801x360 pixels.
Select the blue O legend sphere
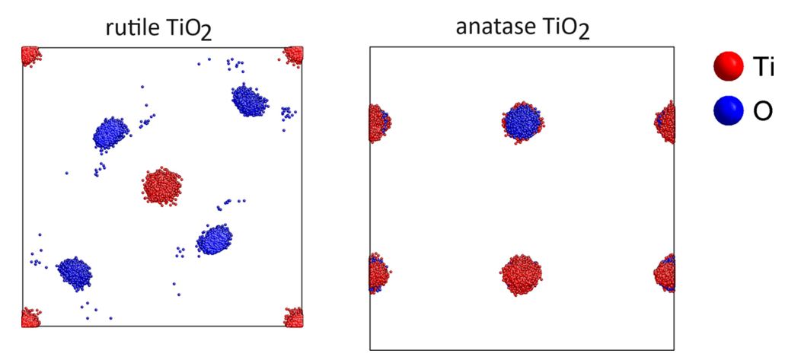(x=728, y=110)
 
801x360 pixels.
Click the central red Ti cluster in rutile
(x=162, y=186)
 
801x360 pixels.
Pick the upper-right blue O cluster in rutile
(x=249, y=100)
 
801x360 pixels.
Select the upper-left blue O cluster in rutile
(x=111, y=135)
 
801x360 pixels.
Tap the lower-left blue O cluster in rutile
(x=75, y=273)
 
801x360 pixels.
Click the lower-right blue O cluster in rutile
(x=215, y=240)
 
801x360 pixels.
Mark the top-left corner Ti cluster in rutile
(x=30, y=56)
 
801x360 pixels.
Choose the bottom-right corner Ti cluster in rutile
(x=294, y=317)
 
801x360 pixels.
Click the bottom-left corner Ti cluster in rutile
(x=30, y=317)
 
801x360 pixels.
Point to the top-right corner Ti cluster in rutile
(x=294, y=55)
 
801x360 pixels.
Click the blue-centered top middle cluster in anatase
(x=522, y=123)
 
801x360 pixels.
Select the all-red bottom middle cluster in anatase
(x=521, y=275)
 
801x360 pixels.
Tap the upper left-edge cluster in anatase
(x=379, y=123)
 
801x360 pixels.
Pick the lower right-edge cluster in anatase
(x=665, y=272)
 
